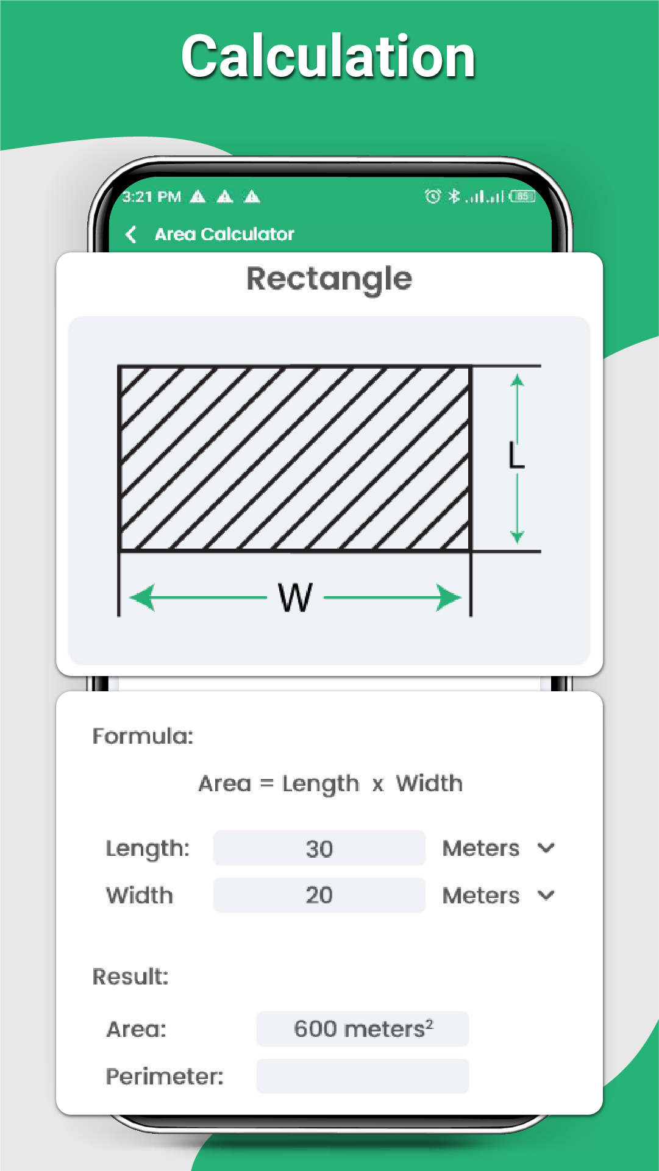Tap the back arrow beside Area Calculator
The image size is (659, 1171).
point(130,234)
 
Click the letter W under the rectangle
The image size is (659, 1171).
point(296,597)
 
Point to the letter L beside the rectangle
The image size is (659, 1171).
point(516,456)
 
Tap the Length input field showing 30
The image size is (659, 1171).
point(319,848)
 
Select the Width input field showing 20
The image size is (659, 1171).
point(319,895)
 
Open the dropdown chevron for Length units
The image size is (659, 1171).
point(546,848)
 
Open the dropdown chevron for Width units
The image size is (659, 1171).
point(546,895)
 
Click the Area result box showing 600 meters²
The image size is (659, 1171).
point(363,1029)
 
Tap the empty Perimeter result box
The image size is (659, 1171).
point(363,1076)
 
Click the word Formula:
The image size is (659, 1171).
point(143,736)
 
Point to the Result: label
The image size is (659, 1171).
point(130,977)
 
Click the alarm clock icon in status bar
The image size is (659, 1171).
point(433,196)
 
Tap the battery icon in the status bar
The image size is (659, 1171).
point(522,196)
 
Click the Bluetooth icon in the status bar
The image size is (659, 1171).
point(454,196)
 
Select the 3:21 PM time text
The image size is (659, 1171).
point(152,197)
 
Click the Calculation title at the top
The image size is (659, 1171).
point(329,57)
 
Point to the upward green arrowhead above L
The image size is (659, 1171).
point(517,381)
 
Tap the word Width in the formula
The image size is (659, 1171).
point(429,783)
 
